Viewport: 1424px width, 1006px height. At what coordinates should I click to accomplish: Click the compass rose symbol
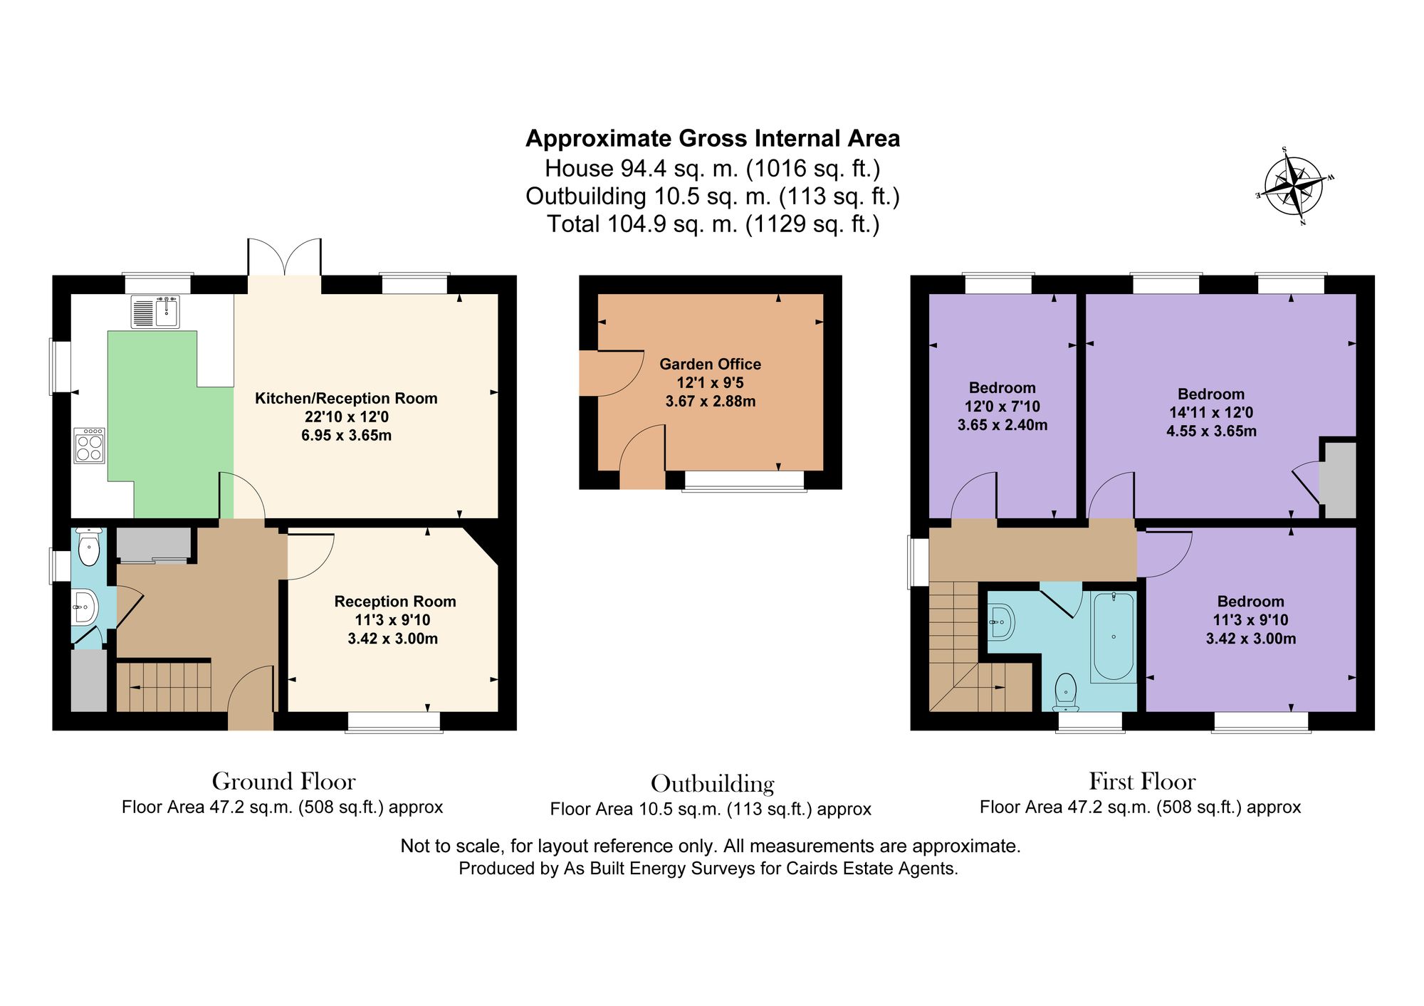click(1294, 187)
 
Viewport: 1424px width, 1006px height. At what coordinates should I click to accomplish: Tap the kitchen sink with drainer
click(155, 312)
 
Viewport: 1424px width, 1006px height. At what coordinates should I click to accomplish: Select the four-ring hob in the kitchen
click(90, 445)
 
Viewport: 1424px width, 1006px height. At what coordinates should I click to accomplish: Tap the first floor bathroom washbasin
click(1000, 622)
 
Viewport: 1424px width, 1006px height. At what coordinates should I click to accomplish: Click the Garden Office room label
click(710, 364)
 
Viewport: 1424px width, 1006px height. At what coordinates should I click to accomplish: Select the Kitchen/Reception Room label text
click(346, 398)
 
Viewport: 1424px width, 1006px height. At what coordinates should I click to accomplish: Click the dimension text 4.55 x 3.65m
click(1211, 431)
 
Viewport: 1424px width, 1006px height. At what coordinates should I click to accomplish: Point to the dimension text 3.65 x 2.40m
click(1002, 425)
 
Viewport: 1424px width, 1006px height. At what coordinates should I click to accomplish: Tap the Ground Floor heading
click(283, 781)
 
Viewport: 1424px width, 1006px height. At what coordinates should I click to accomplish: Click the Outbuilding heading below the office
click(712, 783)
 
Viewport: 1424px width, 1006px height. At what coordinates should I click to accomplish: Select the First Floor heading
click(1142, 781)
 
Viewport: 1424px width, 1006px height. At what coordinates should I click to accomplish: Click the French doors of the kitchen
click(285, 257)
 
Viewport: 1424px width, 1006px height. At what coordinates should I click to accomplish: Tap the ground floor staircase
click(164, 687)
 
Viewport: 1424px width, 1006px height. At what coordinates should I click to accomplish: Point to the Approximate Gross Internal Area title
click(713, 138)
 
